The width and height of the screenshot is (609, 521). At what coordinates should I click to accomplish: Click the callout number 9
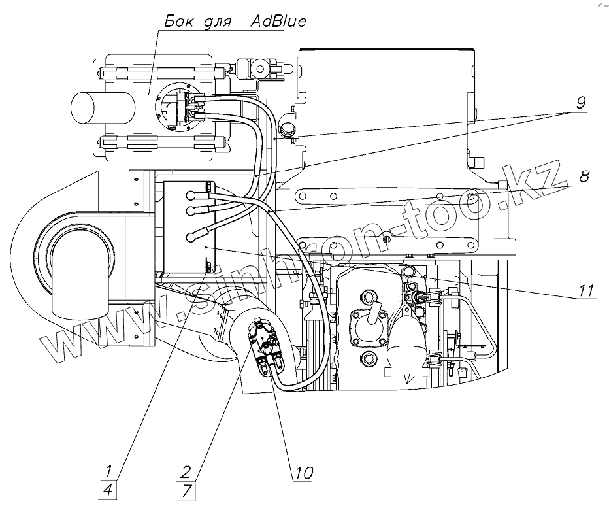[x=581, y=103]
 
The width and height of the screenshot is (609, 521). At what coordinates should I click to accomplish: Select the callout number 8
[x=584, y=176]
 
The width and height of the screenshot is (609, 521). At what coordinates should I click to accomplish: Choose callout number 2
[x=186, y=470]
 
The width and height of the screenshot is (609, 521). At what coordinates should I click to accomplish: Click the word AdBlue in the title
[x=278, y=21]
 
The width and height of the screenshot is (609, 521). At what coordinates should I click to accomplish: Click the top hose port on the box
[x=193, y=193]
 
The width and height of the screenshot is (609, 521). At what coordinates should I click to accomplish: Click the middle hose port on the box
[x=193, y=210]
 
